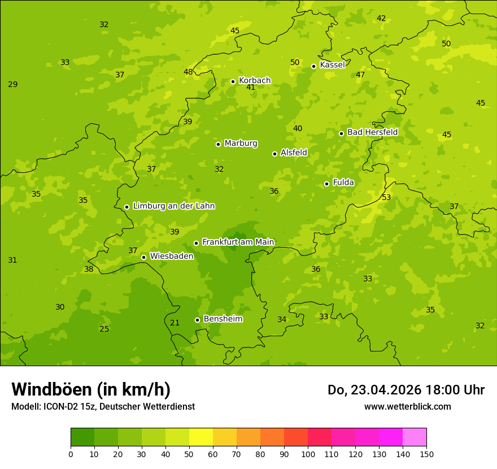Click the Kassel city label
pos(332,65)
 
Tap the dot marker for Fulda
pos(326,184)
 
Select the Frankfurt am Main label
pos(238,242)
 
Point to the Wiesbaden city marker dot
pos(143,257)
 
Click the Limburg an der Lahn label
pos(173,206)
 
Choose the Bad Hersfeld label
pos(372,132)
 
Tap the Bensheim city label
pos(223,319)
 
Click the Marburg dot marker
pos(218,144)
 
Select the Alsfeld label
pos(294,153)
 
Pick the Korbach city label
pos(255,80)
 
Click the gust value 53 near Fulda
pos(386,197)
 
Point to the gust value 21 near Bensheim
pos(175,323)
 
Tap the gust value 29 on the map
pos(12,84)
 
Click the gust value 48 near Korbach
pos(188,72)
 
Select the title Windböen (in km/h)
pos(91,389)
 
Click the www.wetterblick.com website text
pos(407,406)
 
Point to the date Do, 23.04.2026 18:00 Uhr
pos(406,390)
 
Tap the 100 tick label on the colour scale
pos(308,454)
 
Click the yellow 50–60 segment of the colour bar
pos(201,437)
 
